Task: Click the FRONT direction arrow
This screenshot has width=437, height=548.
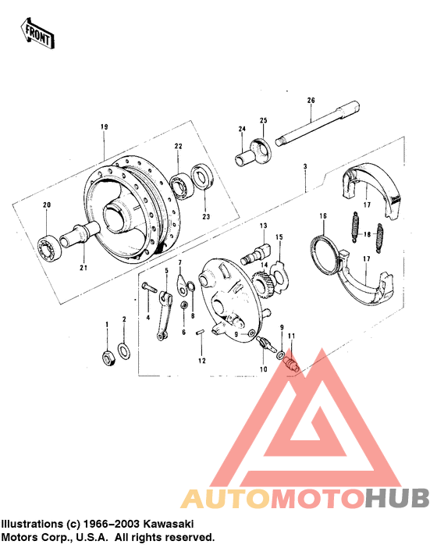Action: coord(37,32)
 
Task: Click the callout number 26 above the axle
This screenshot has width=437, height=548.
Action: coord(311,100)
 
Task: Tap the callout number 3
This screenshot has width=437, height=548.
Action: coord(305,166)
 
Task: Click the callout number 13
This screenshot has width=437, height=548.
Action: coord(263,225)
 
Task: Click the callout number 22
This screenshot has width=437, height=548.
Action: coord(178,146)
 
